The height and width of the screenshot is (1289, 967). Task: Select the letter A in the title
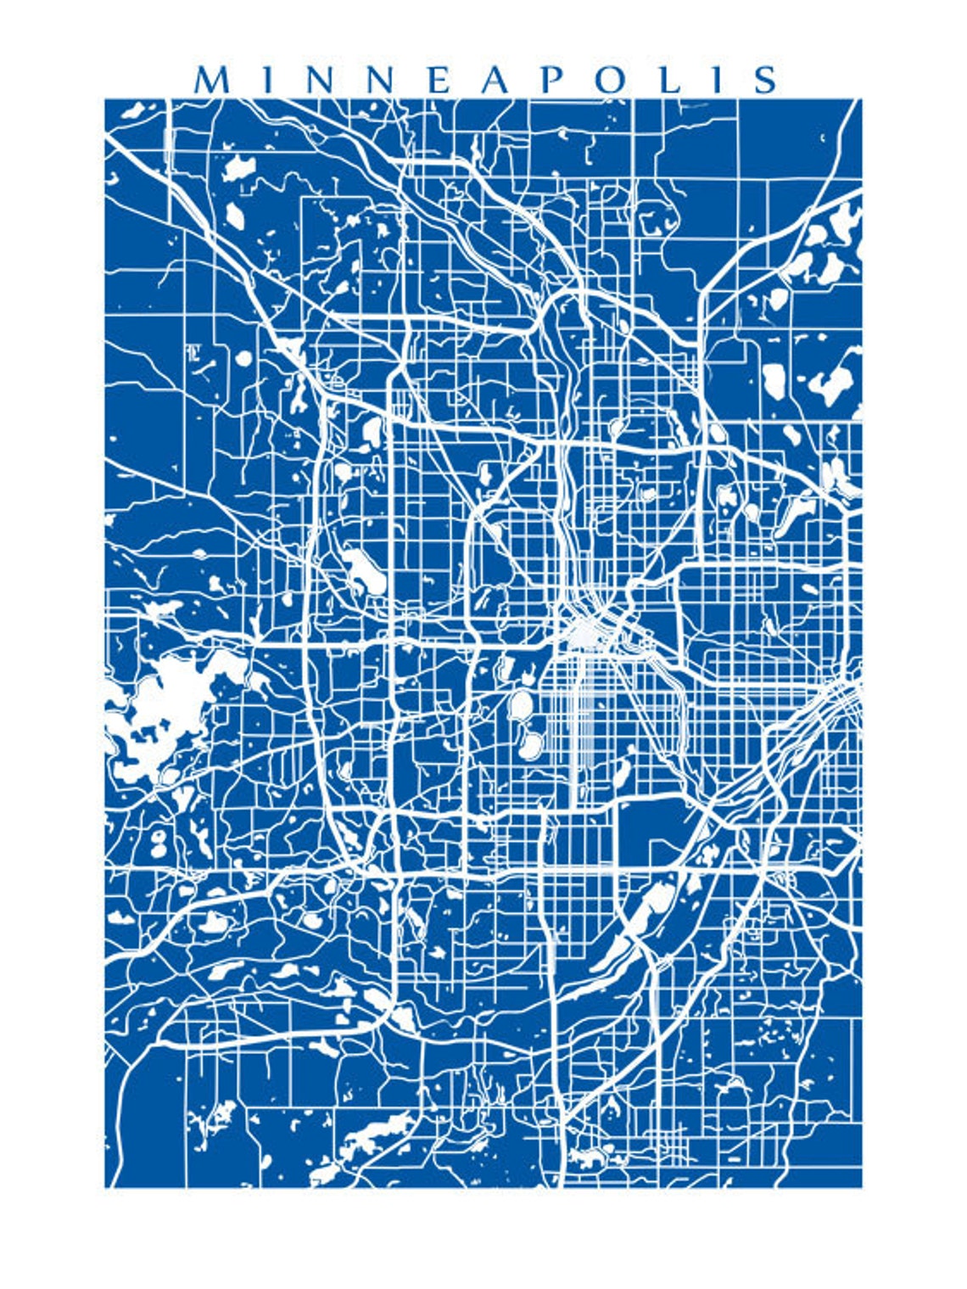pos(496,80)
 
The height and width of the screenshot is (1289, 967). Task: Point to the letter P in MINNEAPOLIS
pos(551,80)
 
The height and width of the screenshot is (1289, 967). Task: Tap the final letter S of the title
pos(765,80)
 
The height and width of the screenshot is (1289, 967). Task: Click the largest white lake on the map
pos(161,713)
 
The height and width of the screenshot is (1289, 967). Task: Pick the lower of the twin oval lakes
pos(530,745)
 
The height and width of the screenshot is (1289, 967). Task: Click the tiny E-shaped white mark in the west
pos(193,352)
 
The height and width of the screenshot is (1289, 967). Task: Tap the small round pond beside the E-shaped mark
pos(243,357)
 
